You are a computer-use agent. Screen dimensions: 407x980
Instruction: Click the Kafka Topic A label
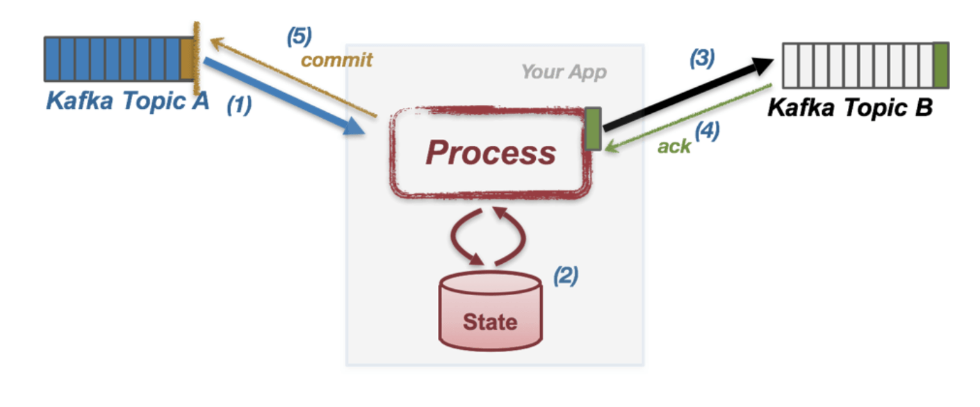127,101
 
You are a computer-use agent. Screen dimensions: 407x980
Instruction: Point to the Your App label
564,72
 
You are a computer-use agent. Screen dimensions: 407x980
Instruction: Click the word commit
336,60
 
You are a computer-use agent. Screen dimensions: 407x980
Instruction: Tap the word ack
674,146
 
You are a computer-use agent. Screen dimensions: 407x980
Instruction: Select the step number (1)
238,106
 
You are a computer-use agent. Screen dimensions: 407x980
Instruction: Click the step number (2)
566,277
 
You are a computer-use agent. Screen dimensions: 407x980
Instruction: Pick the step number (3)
701,60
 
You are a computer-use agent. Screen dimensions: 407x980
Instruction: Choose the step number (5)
300,36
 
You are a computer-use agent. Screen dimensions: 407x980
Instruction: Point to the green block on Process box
593,128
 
